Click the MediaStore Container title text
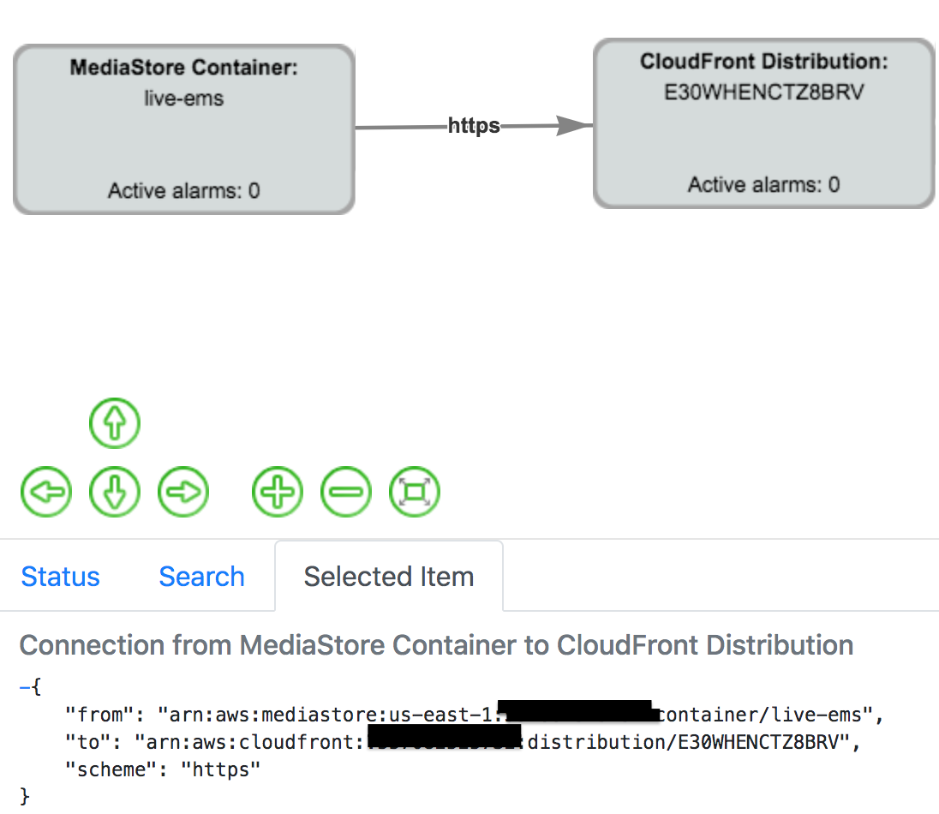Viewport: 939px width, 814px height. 183,68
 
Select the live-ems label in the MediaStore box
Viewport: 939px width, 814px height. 183,99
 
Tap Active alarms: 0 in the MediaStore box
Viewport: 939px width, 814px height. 183,190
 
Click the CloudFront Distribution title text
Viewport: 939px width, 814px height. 763,62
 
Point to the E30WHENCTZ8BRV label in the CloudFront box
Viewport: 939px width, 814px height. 763,92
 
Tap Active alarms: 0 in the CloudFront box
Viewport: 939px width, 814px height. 763,184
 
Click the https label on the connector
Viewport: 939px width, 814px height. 474,127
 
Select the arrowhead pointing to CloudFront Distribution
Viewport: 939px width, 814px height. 574,126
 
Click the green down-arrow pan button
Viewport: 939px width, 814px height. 115,493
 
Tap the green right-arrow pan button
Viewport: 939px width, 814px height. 183,493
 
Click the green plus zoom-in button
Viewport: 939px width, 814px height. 278,493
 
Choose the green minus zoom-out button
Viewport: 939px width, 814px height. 346,493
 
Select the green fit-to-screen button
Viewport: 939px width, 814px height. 415,493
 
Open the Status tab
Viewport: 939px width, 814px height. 60,577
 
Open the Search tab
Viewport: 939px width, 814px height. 201,577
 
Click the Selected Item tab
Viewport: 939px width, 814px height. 388,577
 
